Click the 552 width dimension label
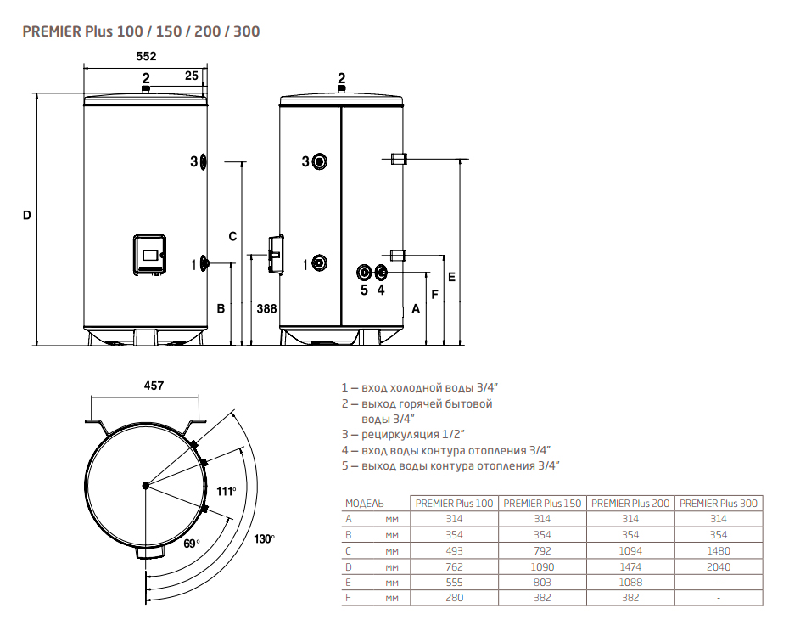tap(146, 56)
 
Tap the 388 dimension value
tap(266, 308)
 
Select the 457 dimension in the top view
tap(154, 386)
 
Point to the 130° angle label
tap(264, 539)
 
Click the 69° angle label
tap(192, 544)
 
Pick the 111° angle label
tap(227, 492)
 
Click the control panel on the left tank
tap(149, 255)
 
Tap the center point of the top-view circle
tap(145, 486)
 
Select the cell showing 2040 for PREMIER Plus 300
tap(718, 567)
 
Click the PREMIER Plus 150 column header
tap(542, 504)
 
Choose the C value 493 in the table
tap(454, 551)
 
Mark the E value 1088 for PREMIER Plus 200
tap(630, 583)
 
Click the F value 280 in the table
tap(454, 598)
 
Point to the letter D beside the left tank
tap(26, 216)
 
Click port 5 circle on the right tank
tap(363, 273)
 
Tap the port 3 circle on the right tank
tap(320, 161)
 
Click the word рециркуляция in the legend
tap(400, 434)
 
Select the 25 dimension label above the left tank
tap(191, 76)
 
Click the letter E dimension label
tap(451, 277)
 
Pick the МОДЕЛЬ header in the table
tap(364, 504)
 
